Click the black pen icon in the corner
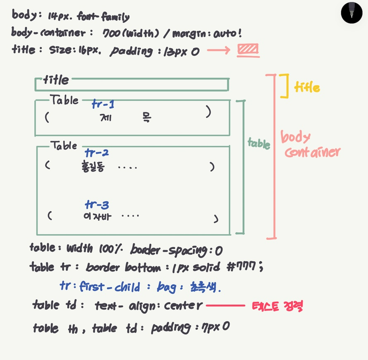[x=351, y=12]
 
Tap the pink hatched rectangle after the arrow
[x=248, y=50]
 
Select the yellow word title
[x=307, y=87]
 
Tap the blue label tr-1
[x=103, y=105]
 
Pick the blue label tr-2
[x=97, y=153]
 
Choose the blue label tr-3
[x=97, y=205]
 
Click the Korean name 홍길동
[x=93, y=167]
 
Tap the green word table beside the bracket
[x=259, y=143]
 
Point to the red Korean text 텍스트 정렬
[x=277, y=306]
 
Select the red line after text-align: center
[x=225, y=306]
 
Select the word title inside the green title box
[x=56, y=79]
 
